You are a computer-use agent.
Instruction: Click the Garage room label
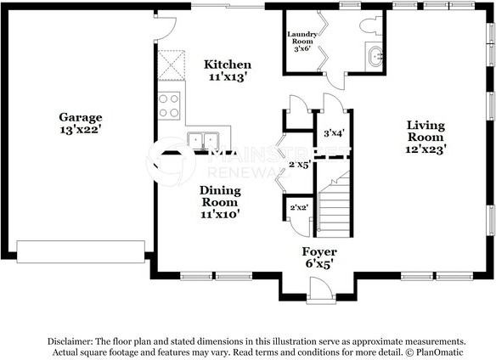pyautogui.click(x=81, y=117)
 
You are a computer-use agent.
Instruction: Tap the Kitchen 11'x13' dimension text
pyautogui.click(x=228, y=77)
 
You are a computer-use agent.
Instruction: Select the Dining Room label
pyautogui.click(x=220, y=196)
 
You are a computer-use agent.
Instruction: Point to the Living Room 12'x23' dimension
pyautogui.click(x=426, y=149)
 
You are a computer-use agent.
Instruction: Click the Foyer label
pyautogui.click(x=319, y=252)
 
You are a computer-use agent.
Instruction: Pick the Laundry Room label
pyautogui.click(x=302, y=37)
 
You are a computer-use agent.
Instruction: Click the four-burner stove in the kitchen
pyautogui.click(x=169, y=105)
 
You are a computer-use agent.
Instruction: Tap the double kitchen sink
pyautogui.click(x=203, y=141)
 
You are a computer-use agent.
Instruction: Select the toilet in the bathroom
pyautogui.click(x=371, y=25)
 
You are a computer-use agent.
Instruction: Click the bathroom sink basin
pyautogui.click(x=375, y=57)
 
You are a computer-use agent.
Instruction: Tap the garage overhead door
pyautogui.click(x=81, y=252)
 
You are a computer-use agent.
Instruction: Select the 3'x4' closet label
pyautogui.click(x=334, y=133)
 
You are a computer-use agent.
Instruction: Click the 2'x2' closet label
pyautogui.click(x=299, y=207)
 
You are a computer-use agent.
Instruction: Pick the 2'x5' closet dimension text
pyautogui.click(x=300, y=164)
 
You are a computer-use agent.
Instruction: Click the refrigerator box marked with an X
pyautogui.click(x=171, y=65)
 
